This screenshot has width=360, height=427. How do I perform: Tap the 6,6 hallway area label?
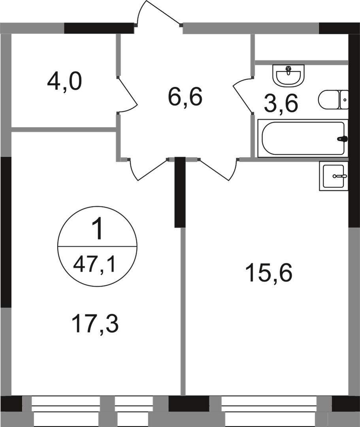[185, 98]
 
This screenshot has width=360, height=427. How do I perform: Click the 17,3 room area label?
[95, 324]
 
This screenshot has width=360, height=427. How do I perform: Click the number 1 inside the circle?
[97, 230]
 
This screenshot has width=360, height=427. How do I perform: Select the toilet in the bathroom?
[330, 100]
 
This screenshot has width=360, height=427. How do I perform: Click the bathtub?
[303, 138]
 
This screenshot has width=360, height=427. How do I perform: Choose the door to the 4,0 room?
[128, 94]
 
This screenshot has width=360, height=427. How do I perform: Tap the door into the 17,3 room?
[148, 169]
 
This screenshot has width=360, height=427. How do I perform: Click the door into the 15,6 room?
[217, 169]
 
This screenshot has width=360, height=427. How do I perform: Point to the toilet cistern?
[344, 100]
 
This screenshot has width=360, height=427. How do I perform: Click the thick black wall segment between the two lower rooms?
[180, 192]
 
